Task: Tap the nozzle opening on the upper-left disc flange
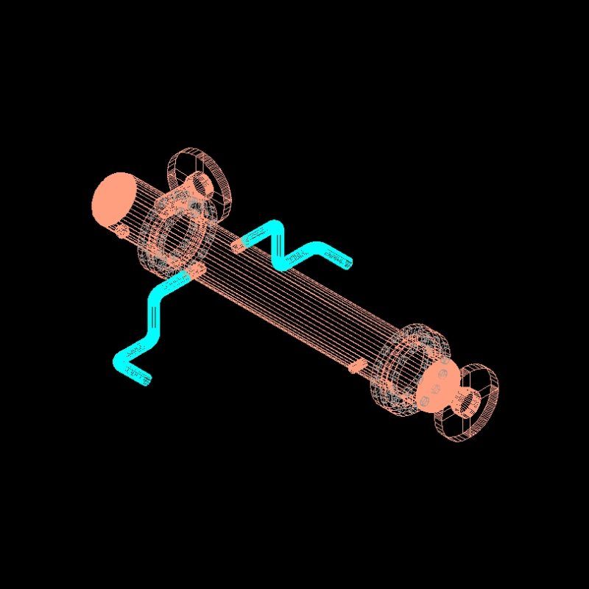197,183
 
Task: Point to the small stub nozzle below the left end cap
122,231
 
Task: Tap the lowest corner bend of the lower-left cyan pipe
122,360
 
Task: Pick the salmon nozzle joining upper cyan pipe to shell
238,244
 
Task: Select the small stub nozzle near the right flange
356,364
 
